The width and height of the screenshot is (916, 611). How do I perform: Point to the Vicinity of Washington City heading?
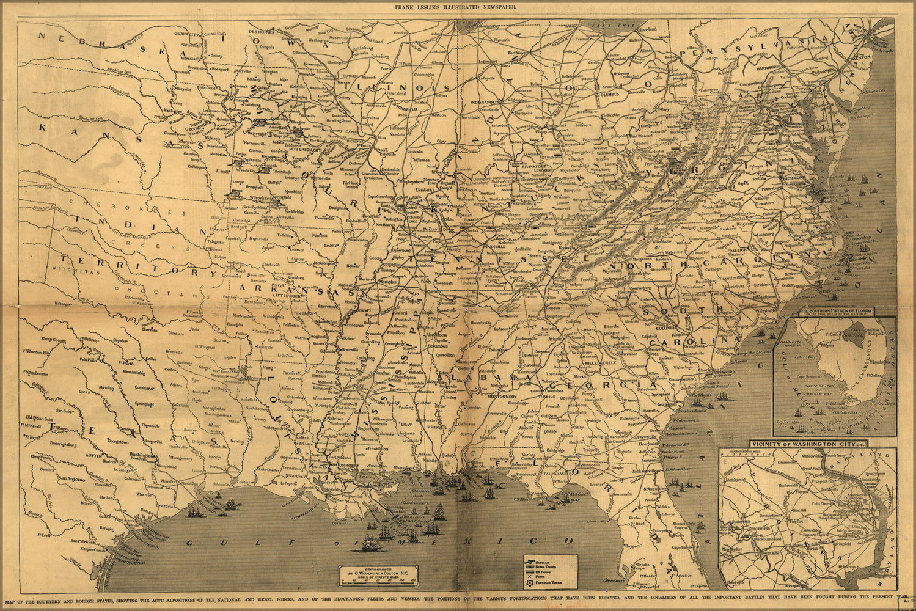(x=807, y=444)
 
